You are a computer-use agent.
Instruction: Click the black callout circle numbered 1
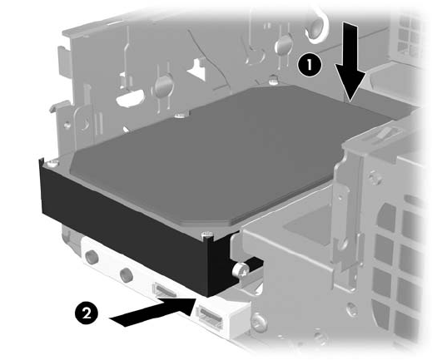[x=310, y=66]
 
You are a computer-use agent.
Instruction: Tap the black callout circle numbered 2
[x=87, y=314]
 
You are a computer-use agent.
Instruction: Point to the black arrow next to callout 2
[x=152, y=312]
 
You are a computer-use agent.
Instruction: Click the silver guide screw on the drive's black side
[x=240, y=270]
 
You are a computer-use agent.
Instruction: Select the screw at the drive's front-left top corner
[x=52, y=163]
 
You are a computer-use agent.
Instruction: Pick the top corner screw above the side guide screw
[x=207, y=235]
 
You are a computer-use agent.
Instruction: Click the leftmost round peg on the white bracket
[x=92, y=256]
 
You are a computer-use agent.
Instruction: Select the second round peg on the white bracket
[x=127, y=274]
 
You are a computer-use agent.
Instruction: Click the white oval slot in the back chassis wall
[x=130, y=97]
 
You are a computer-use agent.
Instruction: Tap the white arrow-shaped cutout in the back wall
[x=196, y=69]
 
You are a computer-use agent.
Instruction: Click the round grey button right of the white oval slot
[x=164, y=85]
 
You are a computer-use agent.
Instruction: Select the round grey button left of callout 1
[x=284, y=44]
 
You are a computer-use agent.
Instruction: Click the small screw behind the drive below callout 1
[x=273, y=80]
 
